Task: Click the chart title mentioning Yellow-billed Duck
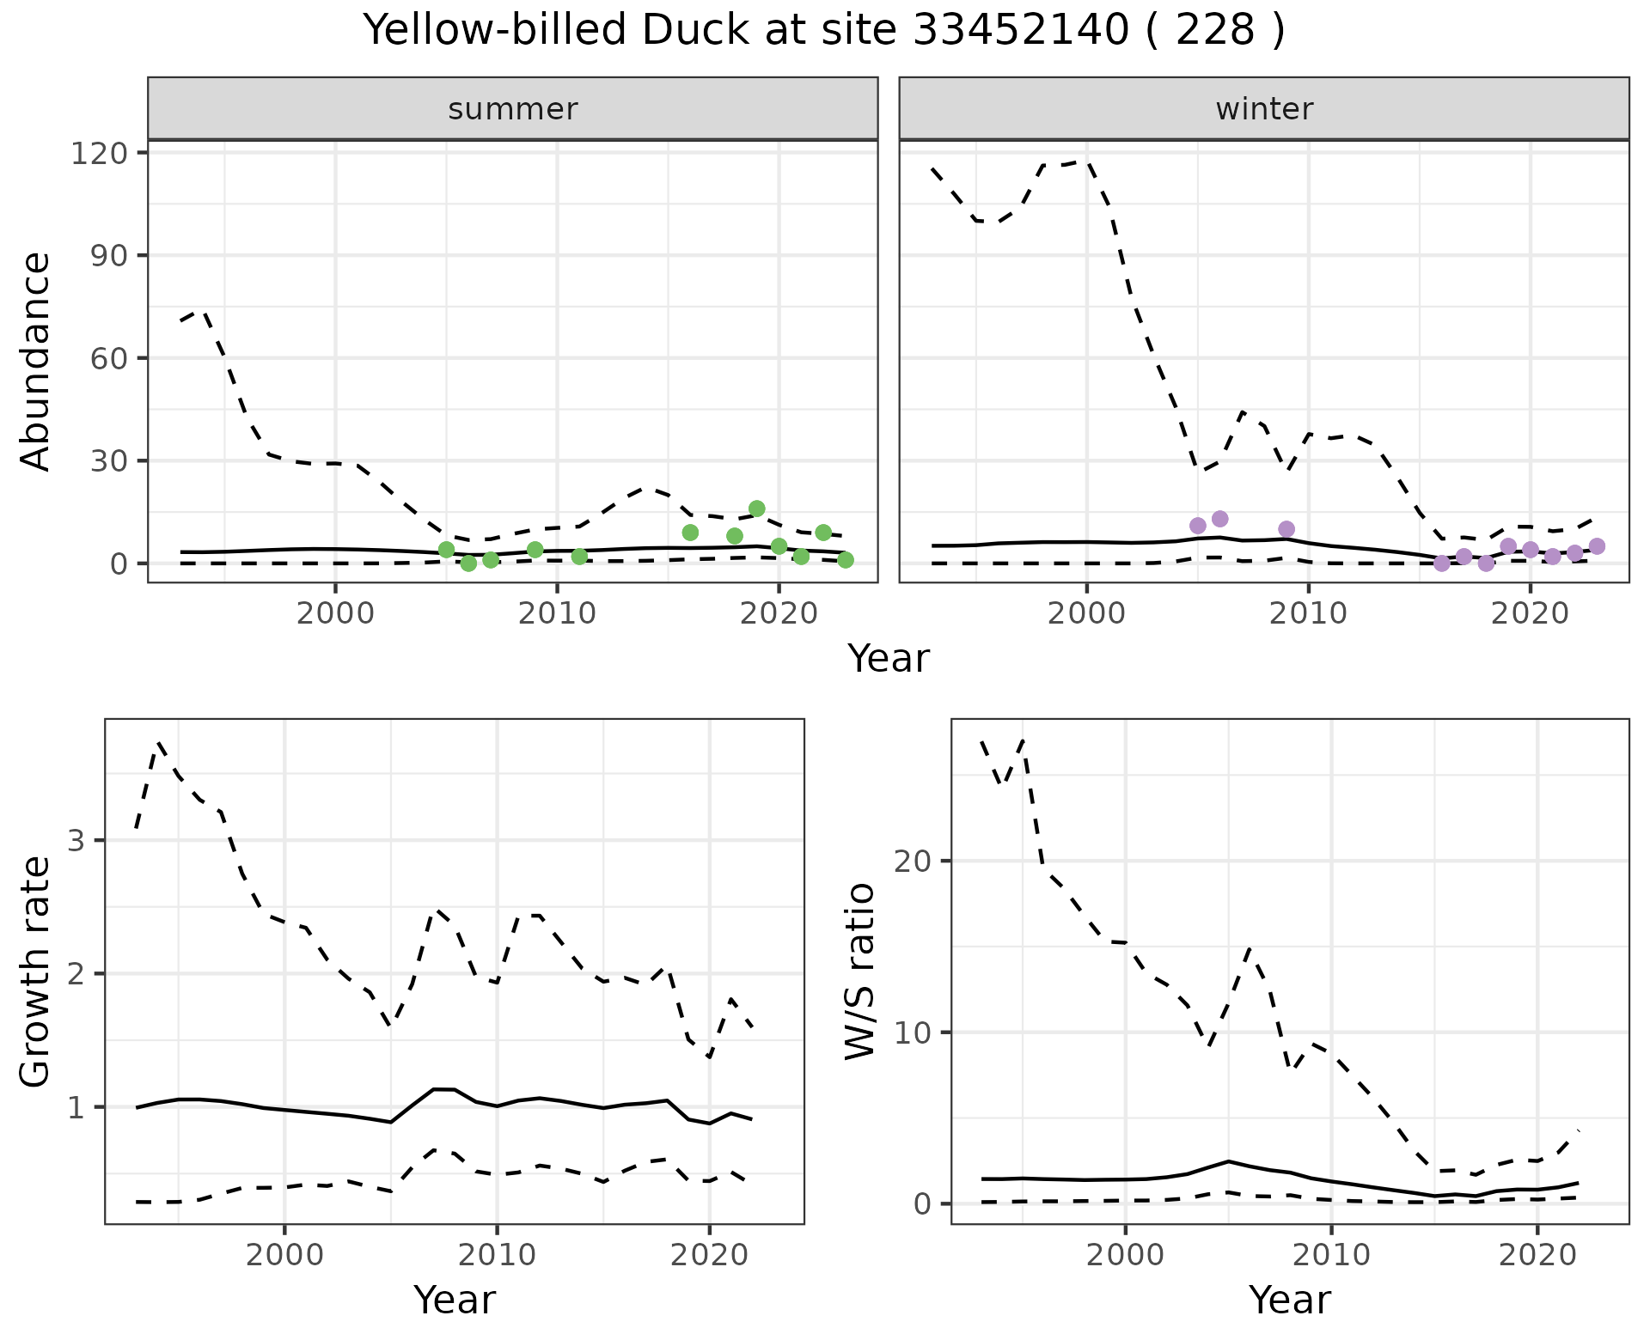pos(824,31)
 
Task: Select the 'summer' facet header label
pos(513,109)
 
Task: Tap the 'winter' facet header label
pos(1264,109)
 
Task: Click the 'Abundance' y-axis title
pos(36,362)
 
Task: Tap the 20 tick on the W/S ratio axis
pos(914,861)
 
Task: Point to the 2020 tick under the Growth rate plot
pos(709,1255)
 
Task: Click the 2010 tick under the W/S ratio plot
pos(1331,1255)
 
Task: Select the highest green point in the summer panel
pos(757,509)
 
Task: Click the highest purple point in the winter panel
pos(1220,519)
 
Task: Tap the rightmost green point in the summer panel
pos(846,560)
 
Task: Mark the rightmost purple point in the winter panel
pos(1597,546)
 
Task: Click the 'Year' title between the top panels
pos(889,659)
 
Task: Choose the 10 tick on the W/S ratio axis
pos(914,1032)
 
